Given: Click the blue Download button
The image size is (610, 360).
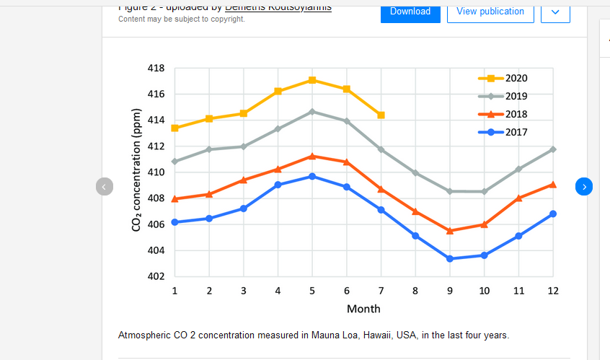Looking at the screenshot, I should [410, 12].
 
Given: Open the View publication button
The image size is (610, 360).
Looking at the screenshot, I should [490, 12].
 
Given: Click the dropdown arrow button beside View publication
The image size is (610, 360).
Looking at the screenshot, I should [555, 12].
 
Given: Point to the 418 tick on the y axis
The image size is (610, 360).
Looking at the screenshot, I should [156, 69].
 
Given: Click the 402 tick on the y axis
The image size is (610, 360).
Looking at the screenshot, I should [156, 276].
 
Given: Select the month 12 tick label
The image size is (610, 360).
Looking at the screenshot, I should [553, 291].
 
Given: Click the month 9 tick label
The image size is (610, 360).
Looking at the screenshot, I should [450, 291].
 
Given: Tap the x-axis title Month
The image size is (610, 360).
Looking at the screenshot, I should [363, 309].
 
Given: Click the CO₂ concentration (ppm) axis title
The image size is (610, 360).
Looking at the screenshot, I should [136, 170].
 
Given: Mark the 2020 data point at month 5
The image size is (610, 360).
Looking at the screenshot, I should [312, 80].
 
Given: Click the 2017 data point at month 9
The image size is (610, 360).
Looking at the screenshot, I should [450, 258].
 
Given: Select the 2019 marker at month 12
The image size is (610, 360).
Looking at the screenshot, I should [553, 149].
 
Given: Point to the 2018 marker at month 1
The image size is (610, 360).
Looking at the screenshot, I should [174, 198].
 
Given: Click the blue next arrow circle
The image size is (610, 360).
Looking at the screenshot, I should [584, 186].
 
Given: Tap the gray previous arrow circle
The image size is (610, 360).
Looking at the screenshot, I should [104, 186].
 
